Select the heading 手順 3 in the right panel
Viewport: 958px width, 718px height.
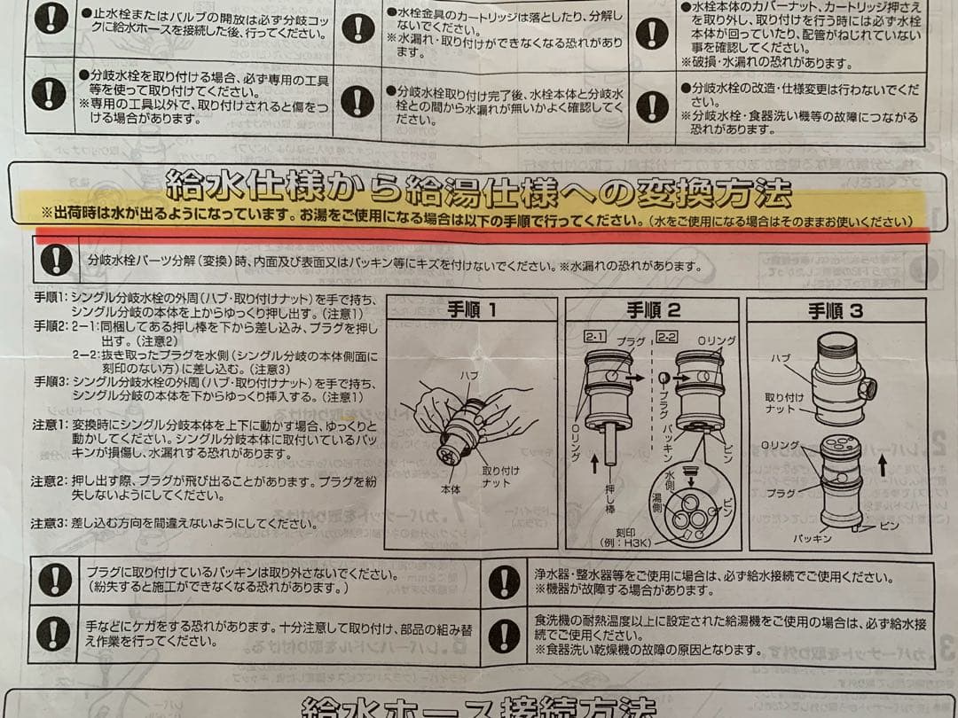pyautogui.click(x=835, y=311)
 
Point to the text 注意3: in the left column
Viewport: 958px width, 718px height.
pyautogui.click(x=50, y=524)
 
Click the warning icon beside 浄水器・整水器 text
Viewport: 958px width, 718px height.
pyautogui.click(x=505, y=581)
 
